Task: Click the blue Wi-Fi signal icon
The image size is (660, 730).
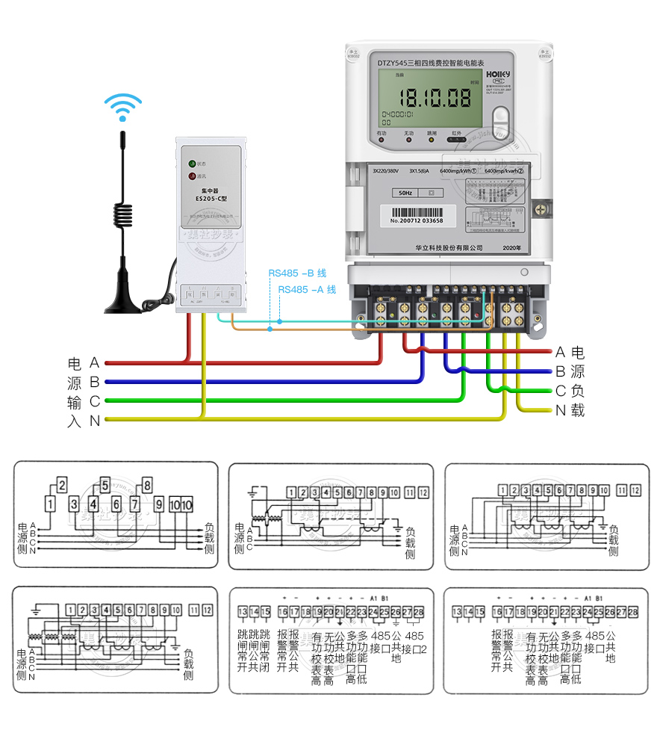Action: point(122,107)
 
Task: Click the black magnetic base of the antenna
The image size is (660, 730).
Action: point(123,303)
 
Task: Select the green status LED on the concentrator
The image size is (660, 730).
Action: point(192,163)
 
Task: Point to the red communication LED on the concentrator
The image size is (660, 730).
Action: point(192,177)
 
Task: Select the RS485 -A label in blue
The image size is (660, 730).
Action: point(306,289)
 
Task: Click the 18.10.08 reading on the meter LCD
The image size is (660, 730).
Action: point(435,97)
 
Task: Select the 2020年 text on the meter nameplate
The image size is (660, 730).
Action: point(513,247)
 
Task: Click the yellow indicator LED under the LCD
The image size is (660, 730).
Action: point(431,140)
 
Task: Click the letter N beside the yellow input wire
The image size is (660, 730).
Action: point(95,421)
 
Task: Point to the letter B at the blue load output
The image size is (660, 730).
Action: point(560,371)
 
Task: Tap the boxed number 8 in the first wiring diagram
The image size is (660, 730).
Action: point(146,484)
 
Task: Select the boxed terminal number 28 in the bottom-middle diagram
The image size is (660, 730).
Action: point(419,612)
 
